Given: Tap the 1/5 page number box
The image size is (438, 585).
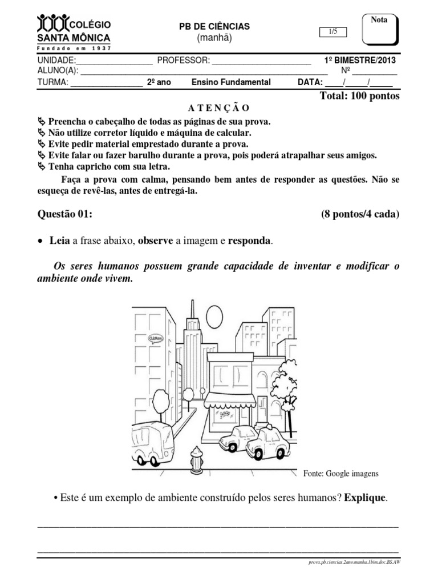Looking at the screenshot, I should click(334, 33).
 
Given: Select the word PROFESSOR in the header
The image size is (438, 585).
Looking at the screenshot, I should click(184, 61).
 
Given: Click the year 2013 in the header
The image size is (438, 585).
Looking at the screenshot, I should click(386, 61).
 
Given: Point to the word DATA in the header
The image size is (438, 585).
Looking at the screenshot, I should click(310, 82).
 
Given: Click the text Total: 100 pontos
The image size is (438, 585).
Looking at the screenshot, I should click(360, 96).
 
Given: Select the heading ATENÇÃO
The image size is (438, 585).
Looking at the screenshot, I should click(218, 108).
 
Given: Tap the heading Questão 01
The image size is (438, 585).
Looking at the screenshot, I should click(64, 214).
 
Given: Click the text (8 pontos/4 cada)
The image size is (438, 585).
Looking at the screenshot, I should click(360, 214).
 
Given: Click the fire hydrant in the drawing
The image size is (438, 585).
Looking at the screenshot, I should click(197, 458).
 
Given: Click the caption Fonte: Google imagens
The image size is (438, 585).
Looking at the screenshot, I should click(341, 474).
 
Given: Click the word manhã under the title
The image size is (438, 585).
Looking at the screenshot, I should click(215, 38).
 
